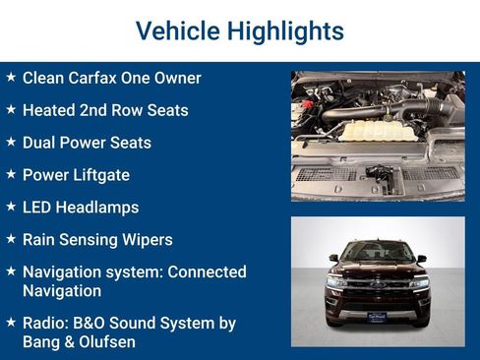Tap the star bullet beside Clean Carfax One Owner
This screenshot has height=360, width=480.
tap(11, 78)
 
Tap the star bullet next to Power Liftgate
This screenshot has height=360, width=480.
tap(11, 175)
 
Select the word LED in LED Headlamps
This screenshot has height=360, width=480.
tap(38, 208)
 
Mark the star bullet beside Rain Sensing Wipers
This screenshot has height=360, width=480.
tap(11, 240)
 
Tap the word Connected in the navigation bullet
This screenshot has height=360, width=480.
tap(208, 271)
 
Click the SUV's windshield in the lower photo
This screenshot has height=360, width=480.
tap(377, 253)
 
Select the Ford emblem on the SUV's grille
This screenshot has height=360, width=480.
tap(377, 284)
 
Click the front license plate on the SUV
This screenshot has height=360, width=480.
tap(377, 317)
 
